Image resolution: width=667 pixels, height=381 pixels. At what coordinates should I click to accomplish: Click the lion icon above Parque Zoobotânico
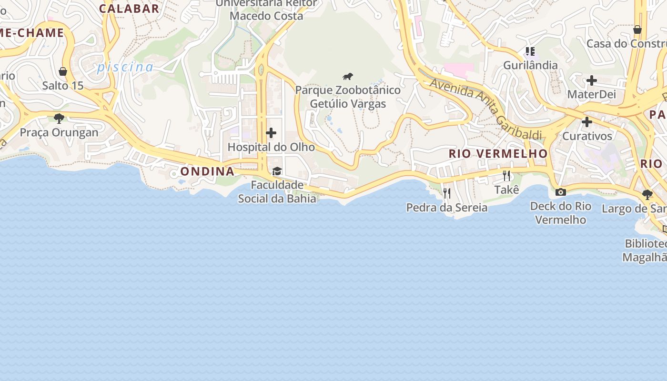[348, 76]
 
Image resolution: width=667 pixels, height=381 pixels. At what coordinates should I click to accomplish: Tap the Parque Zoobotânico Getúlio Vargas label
[348, 97]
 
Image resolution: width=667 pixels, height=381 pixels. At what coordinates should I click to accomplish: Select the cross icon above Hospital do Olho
[271, 133]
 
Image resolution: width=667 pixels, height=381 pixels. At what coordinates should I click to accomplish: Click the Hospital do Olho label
[271, 147]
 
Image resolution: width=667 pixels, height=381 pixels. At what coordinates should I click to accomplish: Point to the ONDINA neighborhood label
[207, 171]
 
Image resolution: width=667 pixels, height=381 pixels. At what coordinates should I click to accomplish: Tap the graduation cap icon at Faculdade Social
[277, 171]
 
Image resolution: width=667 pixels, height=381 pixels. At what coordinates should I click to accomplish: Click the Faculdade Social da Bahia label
[277, 191]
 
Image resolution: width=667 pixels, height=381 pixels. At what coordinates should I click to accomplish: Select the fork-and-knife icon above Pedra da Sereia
[447, 193]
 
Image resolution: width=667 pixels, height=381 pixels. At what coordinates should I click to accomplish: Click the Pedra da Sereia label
[447, 208]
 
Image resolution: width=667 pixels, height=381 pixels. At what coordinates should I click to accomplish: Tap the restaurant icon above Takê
[506, 176]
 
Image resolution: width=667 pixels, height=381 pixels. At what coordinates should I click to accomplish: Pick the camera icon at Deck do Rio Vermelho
[561, 192]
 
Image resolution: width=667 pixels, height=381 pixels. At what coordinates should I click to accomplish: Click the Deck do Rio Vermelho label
[561, 213]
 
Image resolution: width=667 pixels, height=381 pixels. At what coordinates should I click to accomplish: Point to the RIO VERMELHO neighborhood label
[498, 153]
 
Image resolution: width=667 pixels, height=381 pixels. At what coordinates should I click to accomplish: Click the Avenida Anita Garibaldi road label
[486, 109]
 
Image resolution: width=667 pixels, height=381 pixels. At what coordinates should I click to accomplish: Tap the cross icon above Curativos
[587, 122]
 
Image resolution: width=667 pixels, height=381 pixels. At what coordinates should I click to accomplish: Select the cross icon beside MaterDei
[591, 80]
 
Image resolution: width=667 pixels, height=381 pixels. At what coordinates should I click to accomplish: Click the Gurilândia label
[530, 65]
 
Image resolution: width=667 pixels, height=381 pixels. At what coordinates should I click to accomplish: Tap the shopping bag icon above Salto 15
[63, 71]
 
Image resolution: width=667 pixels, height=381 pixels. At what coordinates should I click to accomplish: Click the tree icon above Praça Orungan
[59, 118]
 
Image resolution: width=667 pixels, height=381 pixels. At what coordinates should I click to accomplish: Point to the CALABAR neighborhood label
[129, 9]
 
